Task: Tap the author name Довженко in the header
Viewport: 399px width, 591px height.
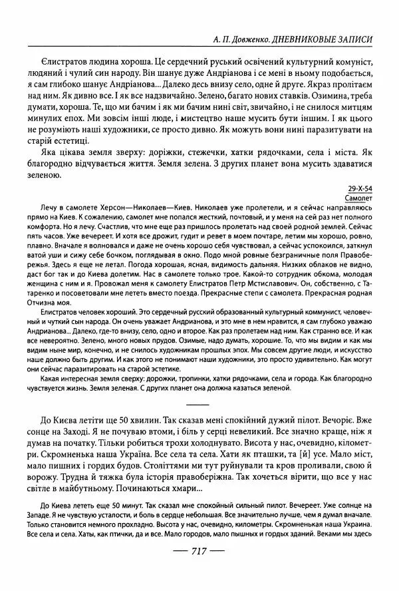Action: pos(256,39)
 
